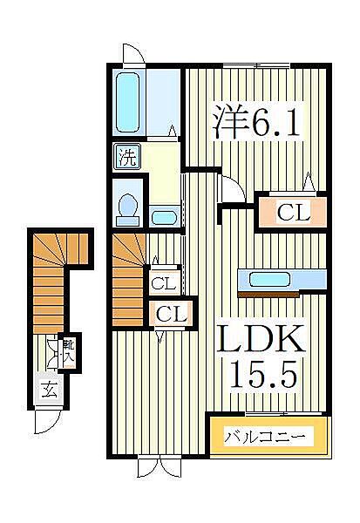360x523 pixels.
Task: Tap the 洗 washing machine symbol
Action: (127, 158)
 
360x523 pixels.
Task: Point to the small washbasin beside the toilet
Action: (162, 215)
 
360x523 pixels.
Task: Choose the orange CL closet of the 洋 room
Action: (290, 211)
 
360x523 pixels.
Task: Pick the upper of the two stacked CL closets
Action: (163, 282)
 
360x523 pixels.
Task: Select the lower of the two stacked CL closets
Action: (172, 313)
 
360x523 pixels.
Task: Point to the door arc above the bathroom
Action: (133, 51)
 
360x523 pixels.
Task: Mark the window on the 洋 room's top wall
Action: (254, 65)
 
